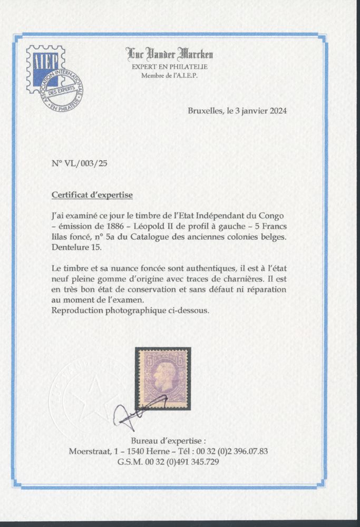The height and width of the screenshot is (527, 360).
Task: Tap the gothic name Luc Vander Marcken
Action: (x=169, y=54)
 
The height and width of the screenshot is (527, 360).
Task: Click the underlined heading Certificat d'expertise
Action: (x=92, y=194)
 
